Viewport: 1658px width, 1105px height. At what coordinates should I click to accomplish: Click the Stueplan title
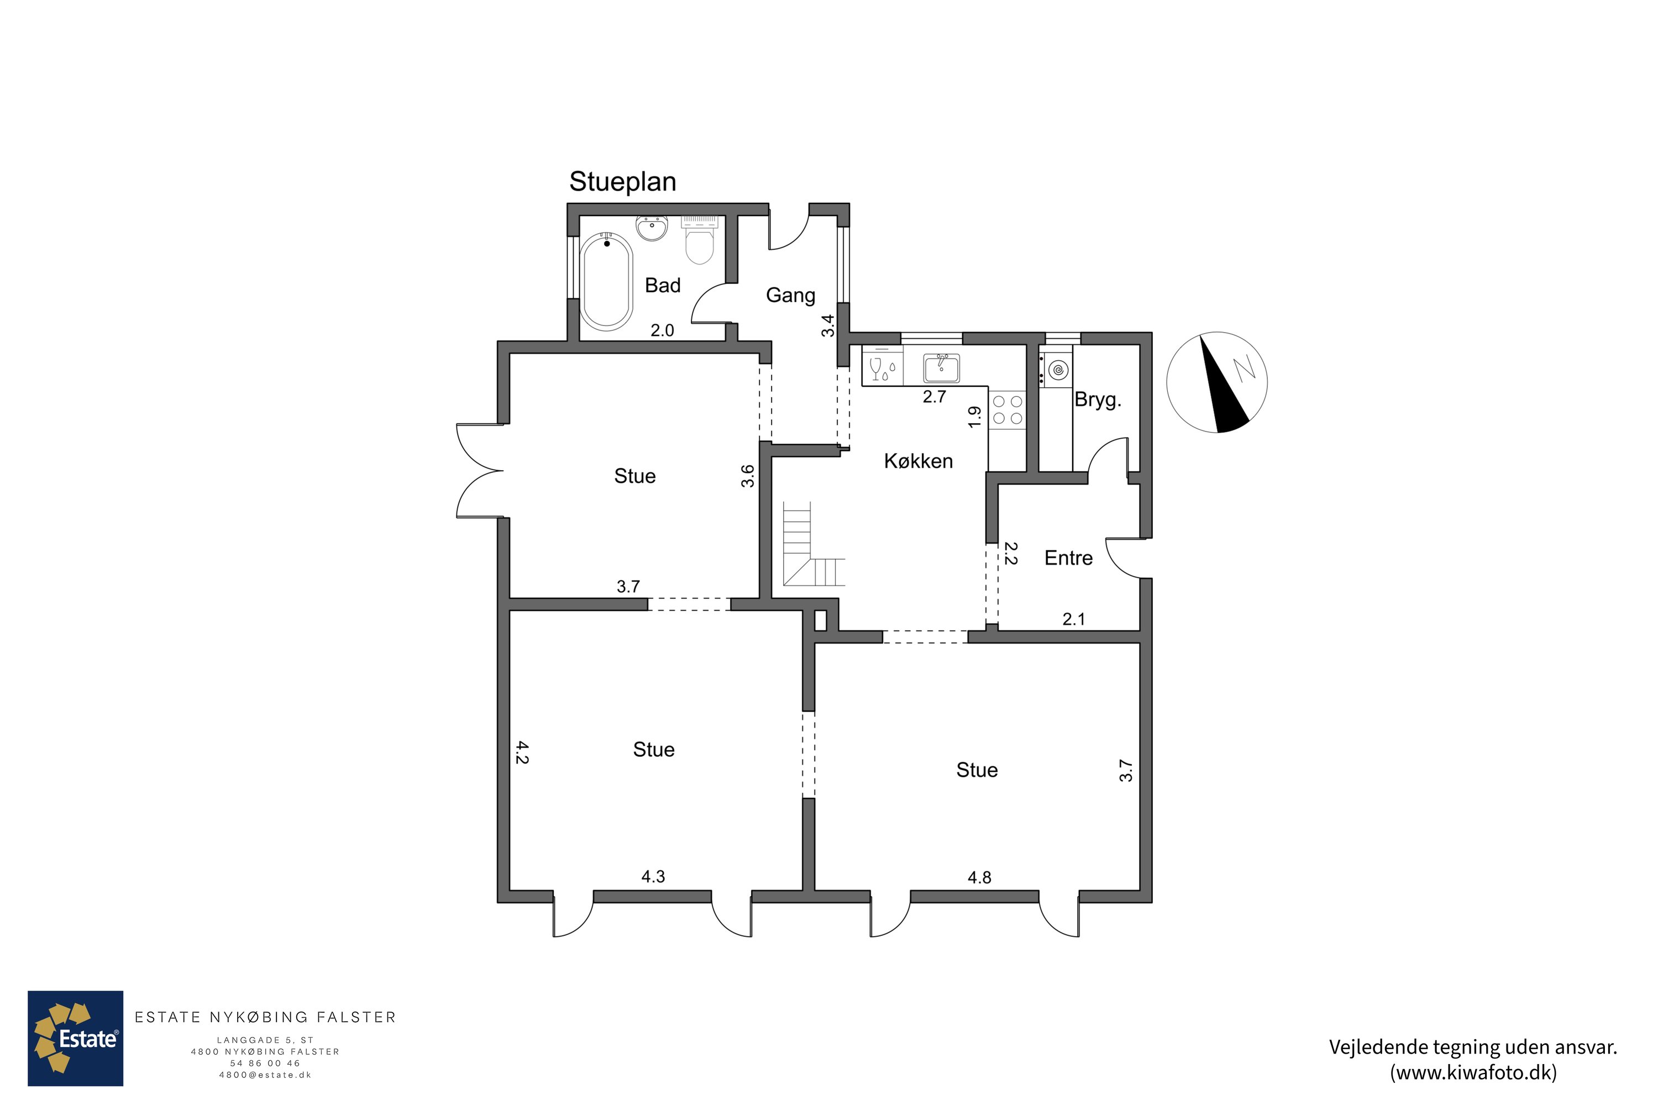(622, 182)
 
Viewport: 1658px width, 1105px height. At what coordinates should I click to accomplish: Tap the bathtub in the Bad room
(606, 282)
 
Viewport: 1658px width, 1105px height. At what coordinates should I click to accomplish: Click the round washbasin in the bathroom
(652, 228)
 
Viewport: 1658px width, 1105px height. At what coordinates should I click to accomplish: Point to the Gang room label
(790, 295)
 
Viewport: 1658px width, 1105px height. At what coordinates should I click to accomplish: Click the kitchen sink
(941, 369)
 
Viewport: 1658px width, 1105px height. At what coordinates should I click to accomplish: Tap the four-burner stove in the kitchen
(1008, 410)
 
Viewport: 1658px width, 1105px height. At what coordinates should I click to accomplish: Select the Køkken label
(919, 461)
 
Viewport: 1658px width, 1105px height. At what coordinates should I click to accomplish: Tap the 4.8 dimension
(979, 877)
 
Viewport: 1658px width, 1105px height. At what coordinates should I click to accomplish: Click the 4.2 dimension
(522, 752)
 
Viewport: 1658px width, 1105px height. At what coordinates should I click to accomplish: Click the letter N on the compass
(1243, 368)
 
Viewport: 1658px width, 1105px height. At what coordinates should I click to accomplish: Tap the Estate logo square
(75, 1038)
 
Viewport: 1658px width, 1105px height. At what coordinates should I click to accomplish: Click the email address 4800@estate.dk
(265, 1075)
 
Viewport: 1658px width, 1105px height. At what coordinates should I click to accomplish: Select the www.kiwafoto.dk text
(1473, 1072)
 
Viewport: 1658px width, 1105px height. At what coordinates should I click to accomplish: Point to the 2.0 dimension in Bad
(662, 330)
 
